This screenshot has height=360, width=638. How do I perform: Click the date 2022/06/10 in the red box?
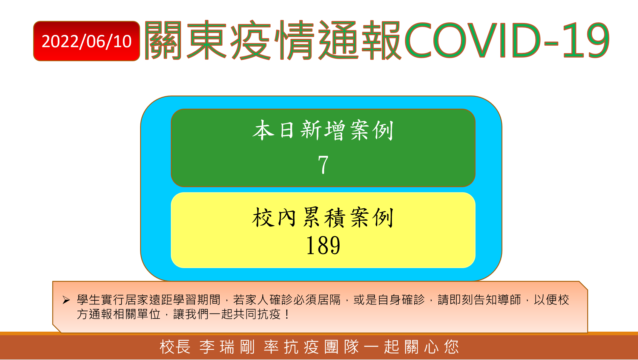click(x=87, y=41)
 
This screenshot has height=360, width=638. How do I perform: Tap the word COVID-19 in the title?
click(x=507, y=40)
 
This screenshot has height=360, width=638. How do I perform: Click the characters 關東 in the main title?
click(x=185, y=40)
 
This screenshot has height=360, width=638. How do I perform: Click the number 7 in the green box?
click(x=323, y=164)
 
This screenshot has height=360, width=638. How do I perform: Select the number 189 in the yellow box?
click(x=323, y=245)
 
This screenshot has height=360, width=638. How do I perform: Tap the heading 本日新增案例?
click(x=323, y=130)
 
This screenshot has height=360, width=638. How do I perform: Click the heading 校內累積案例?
click(x=323, y=217)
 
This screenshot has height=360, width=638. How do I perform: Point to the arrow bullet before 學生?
click(x=66, y=300)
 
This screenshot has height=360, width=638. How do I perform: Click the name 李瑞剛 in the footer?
click(x=227, y=347)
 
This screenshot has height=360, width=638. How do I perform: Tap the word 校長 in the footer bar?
click(x=175, y=347)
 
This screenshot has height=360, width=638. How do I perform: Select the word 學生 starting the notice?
click(x=89, y=300)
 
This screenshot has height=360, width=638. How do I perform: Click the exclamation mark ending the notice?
click(x=287, y=314)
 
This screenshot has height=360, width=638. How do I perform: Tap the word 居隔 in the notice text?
click(x=329, y=300)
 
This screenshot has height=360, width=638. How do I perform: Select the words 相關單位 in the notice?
click(x=137, y=314)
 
